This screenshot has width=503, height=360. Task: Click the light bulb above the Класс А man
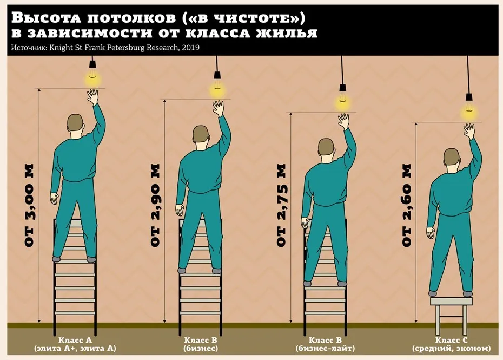click(92, 78)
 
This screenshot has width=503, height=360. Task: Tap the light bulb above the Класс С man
click(469, 112)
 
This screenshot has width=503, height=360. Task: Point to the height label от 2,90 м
click(155, 206)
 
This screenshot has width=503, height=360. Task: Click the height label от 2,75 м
click(281, 206)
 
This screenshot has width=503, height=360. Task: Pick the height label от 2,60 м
click(406, 206)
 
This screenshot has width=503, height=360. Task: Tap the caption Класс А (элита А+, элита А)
click(75, 344)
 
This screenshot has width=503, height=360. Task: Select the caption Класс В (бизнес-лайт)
click(325, 344)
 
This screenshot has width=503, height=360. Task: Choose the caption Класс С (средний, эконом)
click(452, 344)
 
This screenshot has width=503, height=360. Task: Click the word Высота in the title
click(46, 18)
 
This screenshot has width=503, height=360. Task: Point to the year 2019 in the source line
click(190, 48)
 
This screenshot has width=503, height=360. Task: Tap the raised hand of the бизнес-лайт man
click(343, 121)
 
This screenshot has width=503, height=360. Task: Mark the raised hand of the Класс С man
click(469, 132)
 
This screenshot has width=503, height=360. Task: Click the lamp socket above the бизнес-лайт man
click(343, 88)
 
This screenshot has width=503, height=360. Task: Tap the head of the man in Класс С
click(452, 157)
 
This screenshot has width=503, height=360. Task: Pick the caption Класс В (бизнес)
click(201, 344)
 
